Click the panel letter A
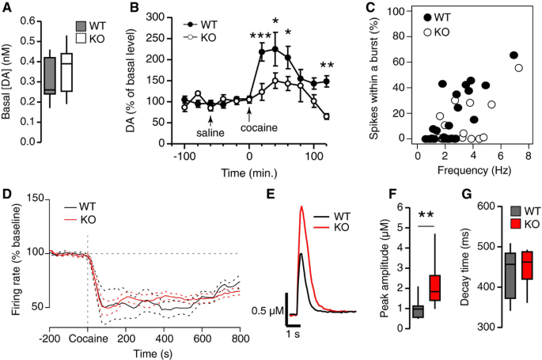pyautogui.click(x=8, y=8)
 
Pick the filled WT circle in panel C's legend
pyautogui.click(x=428, y=17)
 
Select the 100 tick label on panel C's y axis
pyautogui.click(x=402, y=12)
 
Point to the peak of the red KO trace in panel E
pyautogui.click(x=301, y=208)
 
